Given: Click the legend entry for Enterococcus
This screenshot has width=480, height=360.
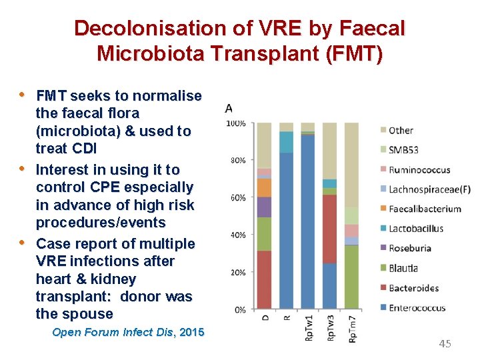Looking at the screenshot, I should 417,308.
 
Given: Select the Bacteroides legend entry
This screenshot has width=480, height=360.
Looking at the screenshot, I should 413,288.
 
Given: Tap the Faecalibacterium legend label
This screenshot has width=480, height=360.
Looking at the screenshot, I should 424,209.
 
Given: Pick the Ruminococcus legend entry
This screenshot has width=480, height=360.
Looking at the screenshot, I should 419,169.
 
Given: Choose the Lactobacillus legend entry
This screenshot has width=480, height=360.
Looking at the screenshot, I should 415,229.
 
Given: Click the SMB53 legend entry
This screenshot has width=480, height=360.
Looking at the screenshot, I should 405,149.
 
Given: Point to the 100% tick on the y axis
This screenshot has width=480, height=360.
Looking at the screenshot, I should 236,123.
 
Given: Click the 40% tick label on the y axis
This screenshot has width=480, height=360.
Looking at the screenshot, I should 237,235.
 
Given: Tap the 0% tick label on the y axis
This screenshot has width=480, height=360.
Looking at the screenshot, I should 239,309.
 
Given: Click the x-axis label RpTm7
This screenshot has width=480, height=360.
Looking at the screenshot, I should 351,329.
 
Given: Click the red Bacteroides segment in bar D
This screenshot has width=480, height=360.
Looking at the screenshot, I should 265,279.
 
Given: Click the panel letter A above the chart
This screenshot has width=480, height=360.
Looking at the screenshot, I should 229,109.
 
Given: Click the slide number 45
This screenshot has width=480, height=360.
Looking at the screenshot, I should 445,343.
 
